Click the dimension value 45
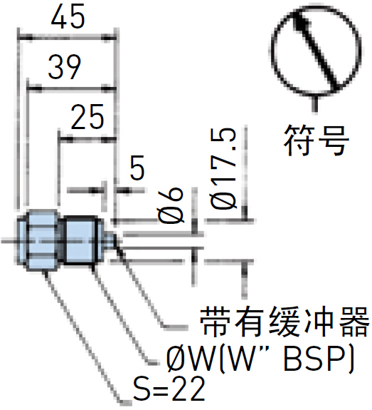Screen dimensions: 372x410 coord(68,16)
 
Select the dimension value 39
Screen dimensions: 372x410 coord(65,67)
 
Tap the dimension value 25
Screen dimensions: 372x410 coord(87,117)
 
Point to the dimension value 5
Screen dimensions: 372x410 coord(137,168)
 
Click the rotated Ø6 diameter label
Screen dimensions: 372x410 coord(171,205)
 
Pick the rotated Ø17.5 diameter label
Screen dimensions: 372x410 coord(224,169)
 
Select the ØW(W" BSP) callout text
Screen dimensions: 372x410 coord(260,358)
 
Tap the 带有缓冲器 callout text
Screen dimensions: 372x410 coord(285,322)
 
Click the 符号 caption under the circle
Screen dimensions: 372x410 coord(317,140)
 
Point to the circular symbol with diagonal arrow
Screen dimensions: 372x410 coord(316,50)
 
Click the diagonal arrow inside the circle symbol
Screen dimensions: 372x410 coord(315,48)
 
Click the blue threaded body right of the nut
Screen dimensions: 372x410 coord(83,240)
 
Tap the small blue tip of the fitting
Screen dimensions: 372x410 coord(111,240)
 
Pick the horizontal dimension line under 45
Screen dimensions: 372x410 coord(67,39)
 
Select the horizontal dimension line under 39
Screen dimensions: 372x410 coord(71,89)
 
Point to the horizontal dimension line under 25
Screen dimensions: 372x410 coord(87,140)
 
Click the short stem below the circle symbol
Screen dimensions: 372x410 coord(316,103)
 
